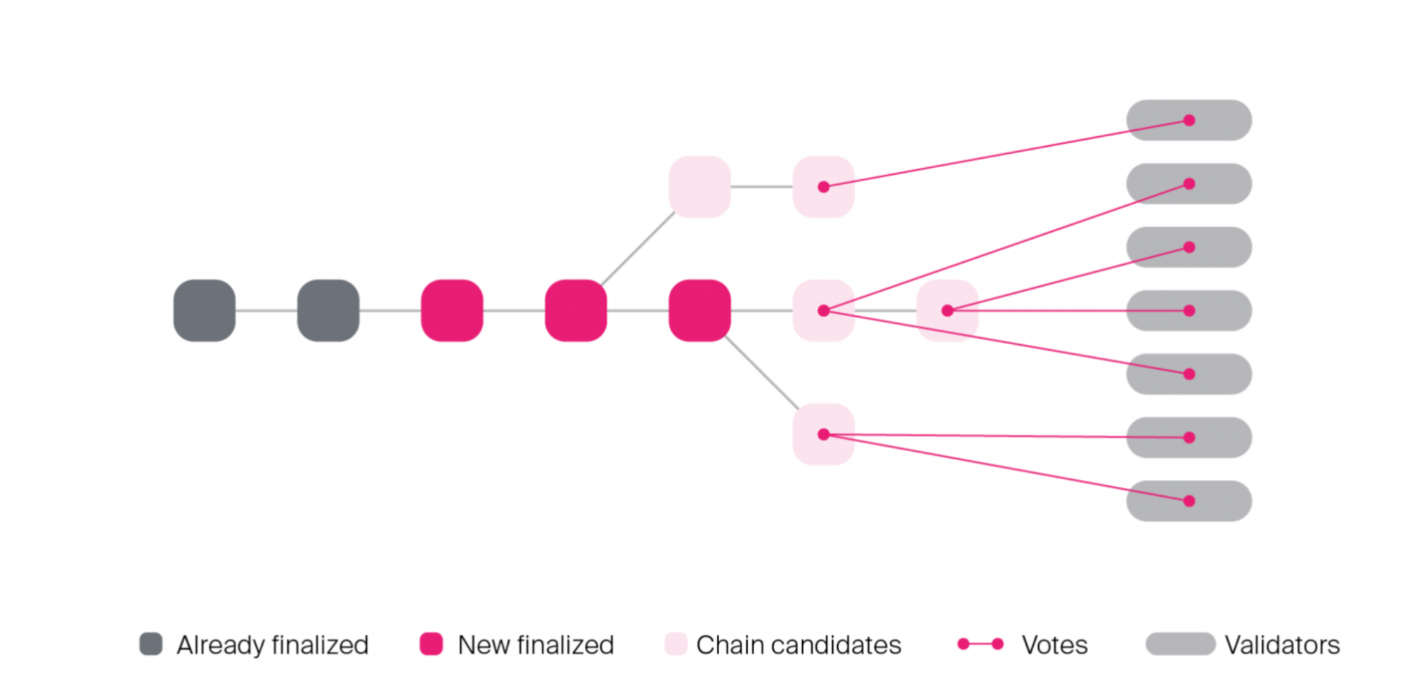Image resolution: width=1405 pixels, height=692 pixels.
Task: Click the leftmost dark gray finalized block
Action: click(x=205, y=311)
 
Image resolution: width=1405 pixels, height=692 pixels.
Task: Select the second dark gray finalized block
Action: click(x=328, y=311)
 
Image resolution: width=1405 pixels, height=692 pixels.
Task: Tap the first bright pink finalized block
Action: click(x=452, y=311)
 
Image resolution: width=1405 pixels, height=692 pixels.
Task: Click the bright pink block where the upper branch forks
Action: click(x=576, y=311)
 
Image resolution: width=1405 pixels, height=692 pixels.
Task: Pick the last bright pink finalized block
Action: click(x=699, y=311)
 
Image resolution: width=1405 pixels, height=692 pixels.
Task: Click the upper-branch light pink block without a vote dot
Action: click(x=699, y=187)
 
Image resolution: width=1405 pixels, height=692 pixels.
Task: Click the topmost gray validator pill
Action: click(x=1189, y=120)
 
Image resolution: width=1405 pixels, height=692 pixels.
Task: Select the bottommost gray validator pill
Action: click(x=1189, y=501)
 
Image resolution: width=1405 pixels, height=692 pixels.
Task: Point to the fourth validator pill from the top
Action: click(x=1189, y=311)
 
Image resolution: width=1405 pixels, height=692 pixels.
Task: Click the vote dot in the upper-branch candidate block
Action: click(x=824, y=187)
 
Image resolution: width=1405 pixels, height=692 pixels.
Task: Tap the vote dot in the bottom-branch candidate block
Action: click(x=824, y=434)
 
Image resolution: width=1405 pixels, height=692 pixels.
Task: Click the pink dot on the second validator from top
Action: click(x=1189, y=184)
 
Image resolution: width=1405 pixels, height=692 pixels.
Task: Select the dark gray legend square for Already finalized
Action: click(x=151, y=644)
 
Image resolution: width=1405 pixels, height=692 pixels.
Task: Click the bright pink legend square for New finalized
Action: click(x=431, y=644)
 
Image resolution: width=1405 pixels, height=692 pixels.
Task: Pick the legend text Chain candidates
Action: click(x=798, y=645)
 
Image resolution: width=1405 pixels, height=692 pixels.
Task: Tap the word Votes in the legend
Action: click(x=1054, y=645)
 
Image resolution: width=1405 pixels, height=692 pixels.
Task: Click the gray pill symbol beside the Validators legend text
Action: click(x=1180, y=644)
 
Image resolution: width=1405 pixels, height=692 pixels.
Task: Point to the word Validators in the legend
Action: click(x=1282, y=645)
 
